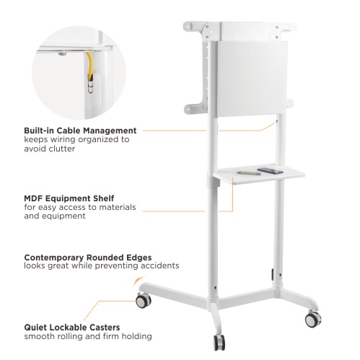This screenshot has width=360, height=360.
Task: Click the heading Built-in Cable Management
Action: click(x=80, y=131)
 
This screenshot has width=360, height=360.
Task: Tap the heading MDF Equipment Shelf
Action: click(x=69, y=198)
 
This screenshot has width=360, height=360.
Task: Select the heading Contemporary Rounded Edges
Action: click(x=88, y=258)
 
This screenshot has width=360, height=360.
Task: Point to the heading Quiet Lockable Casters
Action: click(x=72, y=328)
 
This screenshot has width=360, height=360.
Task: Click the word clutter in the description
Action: click(x=62, y=149)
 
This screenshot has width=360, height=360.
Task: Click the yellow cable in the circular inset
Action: click(x=89, y=66)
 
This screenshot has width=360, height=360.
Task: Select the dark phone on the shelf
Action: click(x=270, y=171)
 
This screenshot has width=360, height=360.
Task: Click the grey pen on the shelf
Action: click(x=249, y=173)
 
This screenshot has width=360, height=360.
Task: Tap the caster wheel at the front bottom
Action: click(x=219, y=343)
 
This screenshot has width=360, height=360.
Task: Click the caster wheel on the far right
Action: click(x=313, y=319)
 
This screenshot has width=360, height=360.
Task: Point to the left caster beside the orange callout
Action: click(x=144, y=300)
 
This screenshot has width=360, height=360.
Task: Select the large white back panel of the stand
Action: click(x=252, y=79)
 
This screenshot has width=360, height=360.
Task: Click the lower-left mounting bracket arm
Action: click(x=196, y=109)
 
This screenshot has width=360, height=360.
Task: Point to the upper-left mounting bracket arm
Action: click(x=194, y=27)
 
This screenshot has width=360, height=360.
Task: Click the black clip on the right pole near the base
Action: click(x=273, y=274)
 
